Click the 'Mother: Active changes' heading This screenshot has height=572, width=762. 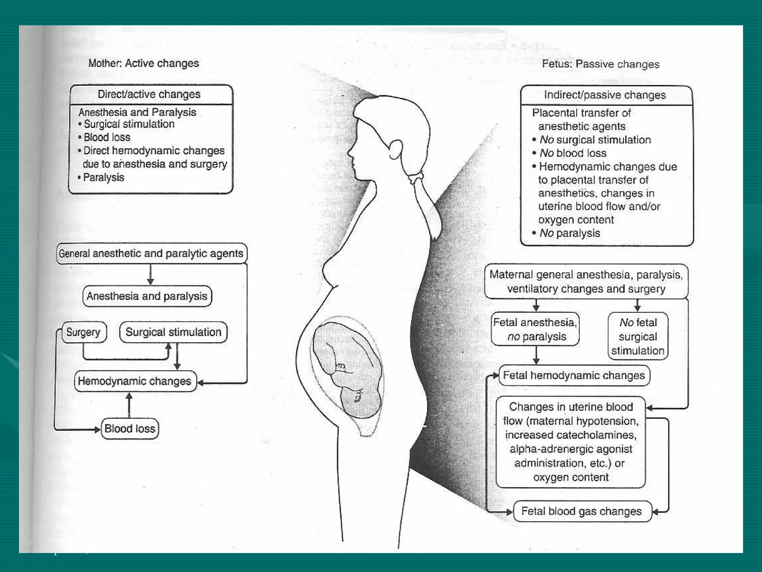tap(144, 63)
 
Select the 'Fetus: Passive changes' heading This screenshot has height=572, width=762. tap(601, 64)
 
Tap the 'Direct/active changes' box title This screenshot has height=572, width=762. tap(149, 94)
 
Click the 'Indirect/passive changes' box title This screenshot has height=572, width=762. tap(605, 95)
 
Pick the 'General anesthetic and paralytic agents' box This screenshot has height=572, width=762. tap(151, 254)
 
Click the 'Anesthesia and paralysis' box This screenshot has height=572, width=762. tap(147, 296)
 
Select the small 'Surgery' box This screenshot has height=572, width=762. tap(83, 332)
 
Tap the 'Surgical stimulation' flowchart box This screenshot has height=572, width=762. tap(173, 332)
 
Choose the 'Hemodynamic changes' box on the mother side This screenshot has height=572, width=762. tap(135, 381)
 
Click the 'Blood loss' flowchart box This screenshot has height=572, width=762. tap(129, 428)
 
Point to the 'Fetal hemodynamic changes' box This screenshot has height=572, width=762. tap(574, 375)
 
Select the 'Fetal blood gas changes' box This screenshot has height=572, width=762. tap(582, 511)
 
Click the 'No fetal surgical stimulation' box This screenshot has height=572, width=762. tap(638, 336)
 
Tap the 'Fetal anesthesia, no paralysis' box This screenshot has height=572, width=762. tap(535, 329)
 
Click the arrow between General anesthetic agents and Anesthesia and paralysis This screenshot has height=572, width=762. tap(150, 275)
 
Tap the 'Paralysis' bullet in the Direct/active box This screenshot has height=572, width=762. tap(103, 178)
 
